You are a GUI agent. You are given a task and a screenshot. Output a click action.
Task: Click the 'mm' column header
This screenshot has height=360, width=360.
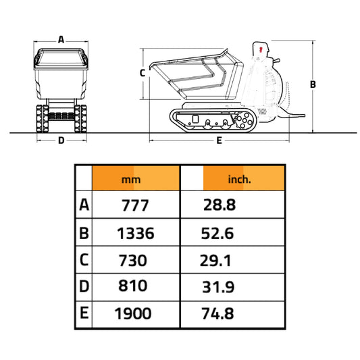pyautogui.click(x=135, y=180)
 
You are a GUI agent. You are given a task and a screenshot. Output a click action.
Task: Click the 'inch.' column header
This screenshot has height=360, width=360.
pyautogui.click(x=240, y=180)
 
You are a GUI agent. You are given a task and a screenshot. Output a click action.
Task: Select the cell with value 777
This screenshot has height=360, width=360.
pyautogui.click(x=135, y=205)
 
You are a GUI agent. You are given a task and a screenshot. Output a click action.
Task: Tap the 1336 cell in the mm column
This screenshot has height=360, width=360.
pyautogui.click(x=135, y=234)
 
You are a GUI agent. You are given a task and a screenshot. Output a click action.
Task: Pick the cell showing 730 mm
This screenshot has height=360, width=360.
pyautogui.click(x=135, y=259)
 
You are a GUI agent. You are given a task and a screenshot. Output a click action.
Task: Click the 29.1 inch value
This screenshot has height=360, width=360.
pyautogui.click(x=217, y=259)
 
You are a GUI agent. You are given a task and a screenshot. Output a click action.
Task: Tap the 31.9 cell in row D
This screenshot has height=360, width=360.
pyautogui.click(x=218, y=287)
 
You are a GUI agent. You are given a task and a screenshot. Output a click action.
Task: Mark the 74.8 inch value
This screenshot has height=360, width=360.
pyautogui.click(x=218, y=313)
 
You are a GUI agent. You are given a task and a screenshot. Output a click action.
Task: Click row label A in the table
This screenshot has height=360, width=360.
pyautogui.click(x=84, y=205)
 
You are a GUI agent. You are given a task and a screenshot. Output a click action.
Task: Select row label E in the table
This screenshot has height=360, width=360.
pyautogui.click(x=84, y=313)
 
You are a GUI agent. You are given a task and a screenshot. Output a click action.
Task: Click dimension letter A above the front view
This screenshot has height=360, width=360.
pyautogui.click(x=61, y=39)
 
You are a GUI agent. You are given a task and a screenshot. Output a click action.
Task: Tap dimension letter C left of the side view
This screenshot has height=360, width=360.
pyautogui.click(x=143, y=72)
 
